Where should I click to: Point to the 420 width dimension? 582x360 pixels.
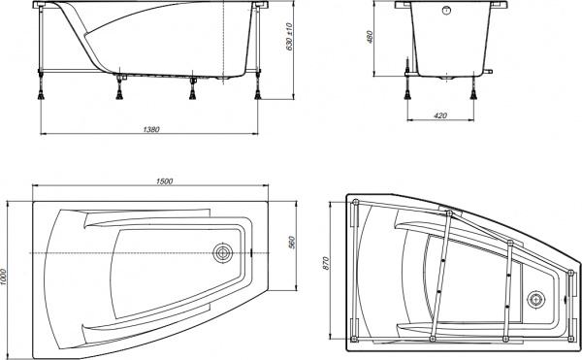[439, 115]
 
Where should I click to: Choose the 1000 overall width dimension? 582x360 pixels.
[8, 276]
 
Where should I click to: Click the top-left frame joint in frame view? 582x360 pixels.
[356, 202]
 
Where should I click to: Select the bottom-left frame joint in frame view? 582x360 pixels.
[356, 341]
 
